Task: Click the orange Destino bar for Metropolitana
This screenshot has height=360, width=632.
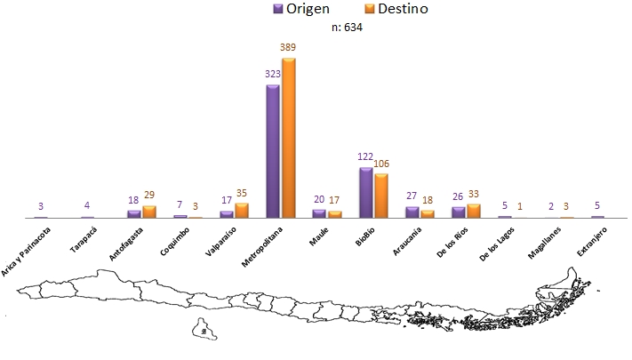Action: (x=288, y=138)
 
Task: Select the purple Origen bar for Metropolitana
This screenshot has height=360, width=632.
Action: (x=273, y=151)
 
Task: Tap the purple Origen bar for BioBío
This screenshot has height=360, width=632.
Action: (x=365, y=192)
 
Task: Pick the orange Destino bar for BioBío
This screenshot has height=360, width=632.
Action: (x=380, y=196)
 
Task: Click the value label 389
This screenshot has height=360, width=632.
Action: (x=288, y=48)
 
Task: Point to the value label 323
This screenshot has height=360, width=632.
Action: (x=272, y=75)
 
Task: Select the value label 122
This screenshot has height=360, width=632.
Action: (x=365, y=156)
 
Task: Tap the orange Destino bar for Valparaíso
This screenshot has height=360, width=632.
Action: (x=242, y=210)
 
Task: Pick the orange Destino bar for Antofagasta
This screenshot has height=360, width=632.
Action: (x=148, y=212)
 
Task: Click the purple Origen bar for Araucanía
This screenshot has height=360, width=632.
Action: (x=412, y=212)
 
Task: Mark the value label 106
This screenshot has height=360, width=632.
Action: (x=382, y=164)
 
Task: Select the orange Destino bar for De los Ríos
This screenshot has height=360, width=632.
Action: (x=473, y=211)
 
